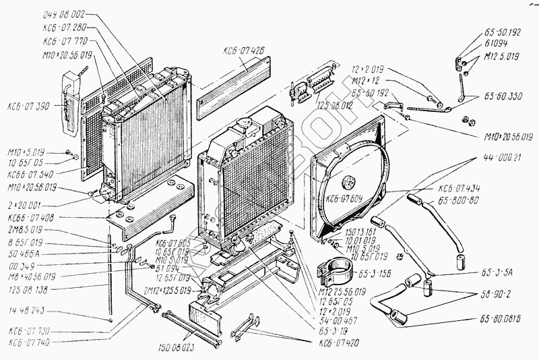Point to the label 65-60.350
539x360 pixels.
click(502, 96)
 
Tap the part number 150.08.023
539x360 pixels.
click(179, 349)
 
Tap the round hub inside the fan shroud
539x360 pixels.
click(350, 181)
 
